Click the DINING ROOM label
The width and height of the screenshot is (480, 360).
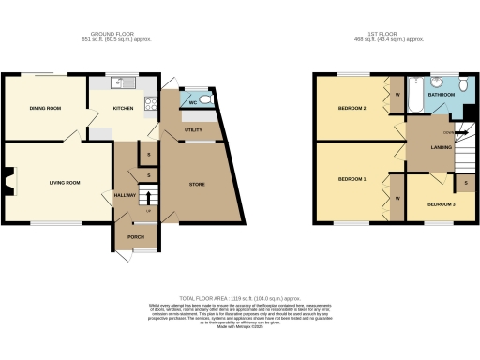pyautogui.click(x=44, y=109)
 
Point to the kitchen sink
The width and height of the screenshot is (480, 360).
pyautogui.click(x=120, y=83)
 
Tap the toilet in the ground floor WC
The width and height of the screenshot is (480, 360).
pyautogui.click(x=205, y=98)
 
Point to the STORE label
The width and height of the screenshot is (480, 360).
pyautogui.click(x=196, y=185)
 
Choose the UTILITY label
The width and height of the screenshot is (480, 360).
pyautogui.click(x=194, y=129)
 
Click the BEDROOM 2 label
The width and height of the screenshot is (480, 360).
pyautogui.click(x=352, y=109)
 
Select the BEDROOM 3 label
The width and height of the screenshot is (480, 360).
pyautogui.click(x=441, y=203)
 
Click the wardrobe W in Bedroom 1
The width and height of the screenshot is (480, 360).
pyautogui.click(x=397, y=199)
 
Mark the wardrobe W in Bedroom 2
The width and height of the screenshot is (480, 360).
pyautogui.click(x=397, y=95)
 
